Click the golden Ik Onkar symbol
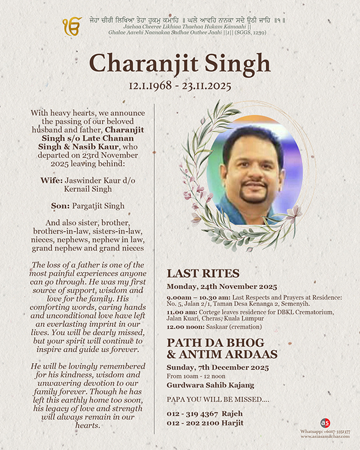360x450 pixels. point(72,26)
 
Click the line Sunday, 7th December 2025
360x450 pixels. point(218,367)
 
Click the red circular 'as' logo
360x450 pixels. point(325,423)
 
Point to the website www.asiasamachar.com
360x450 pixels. point(326,437)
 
